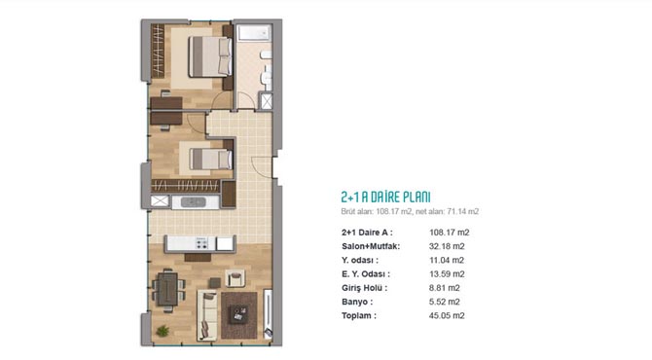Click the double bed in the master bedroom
tap(210, 56)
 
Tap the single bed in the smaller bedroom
tap(211, 160)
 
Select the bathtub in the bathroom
tap(254, 33)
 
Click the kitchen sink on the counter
tap(194, 202)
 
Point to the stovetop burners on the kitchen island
tap(201, 243)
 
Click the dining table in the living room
tap(167, 289)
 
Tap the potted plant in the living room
tap(163, 331)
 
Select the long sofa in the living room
tap(207, 315)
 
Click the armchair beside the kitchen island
tap(235, 278)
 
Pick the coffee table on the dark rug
tap(239, 314)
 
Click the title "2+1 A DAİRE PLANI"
tap(385, 198)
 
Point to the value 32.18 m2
tap(447, 246)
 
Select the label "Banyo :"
tap(357, 302)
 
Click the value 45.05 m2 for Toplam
tap(447, 315)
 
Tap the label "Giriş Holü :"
tap(364, 288)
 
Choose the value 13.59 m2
tap(447, 274)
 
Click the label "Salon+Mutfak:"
tap(371, 246)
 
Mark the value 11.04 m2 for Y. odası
tap(446, 260)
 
